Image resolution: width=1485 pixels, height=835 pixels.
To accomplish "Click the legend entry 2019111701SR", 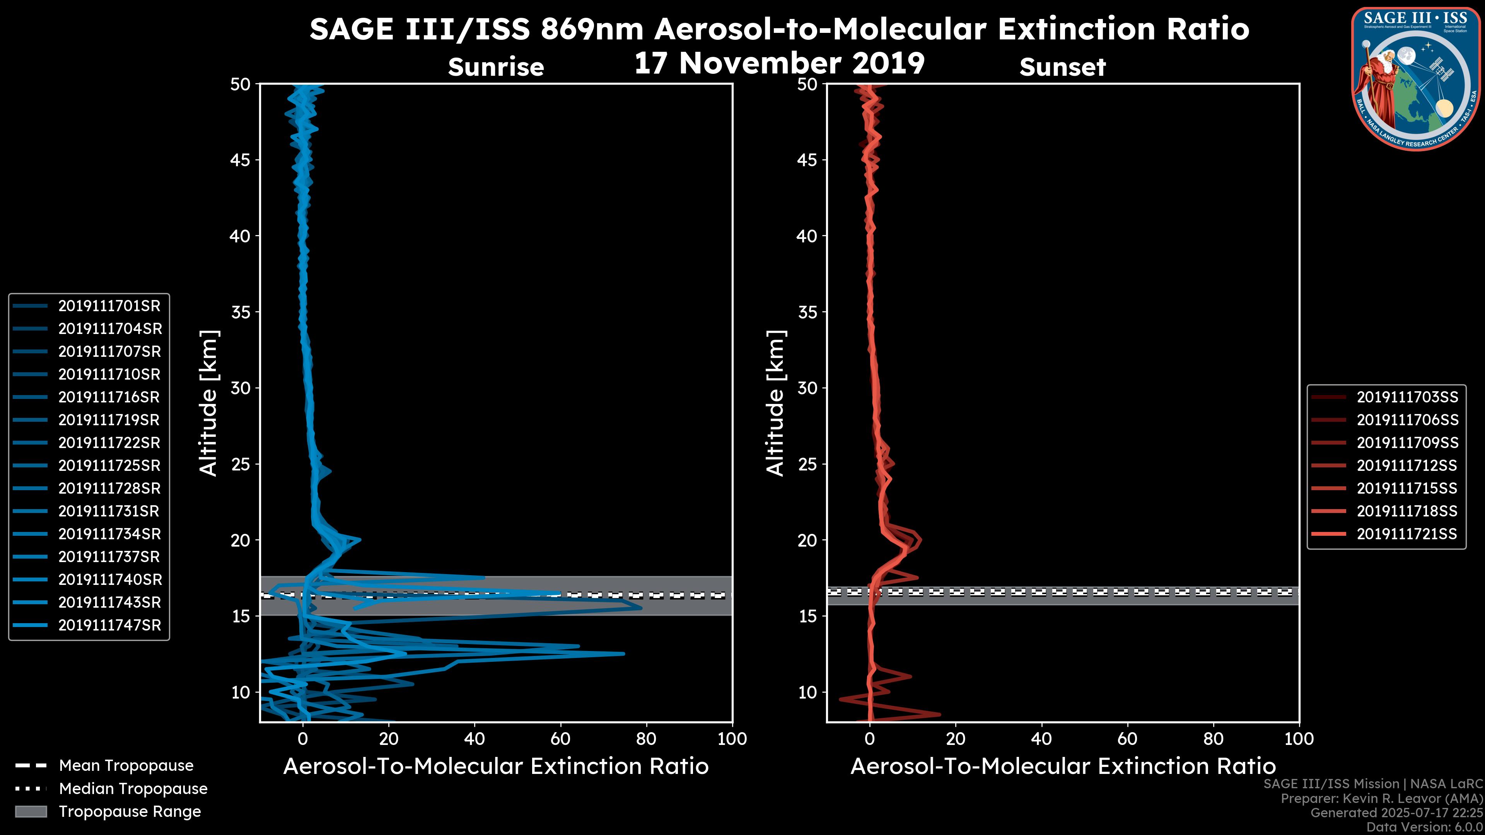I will coord(109,306).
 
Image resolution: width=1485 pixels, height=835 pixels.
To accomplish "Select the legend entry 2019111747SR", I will coord(109,625).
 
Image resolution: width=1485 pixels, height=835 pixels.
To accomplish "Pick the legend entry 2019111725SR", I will coord(109,465).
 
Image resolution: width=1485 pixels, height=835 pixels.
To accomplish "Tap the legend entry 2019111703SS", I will coord(1407,397).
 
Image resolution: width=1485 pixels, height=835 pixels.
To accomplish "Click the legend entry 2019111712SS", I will coord(1407,465).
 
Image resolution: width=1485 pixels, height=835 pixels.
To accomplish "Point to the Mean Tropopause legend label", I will coord(126,766).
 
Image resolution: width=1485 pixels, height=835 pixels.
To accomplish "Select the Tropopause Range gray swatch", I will coord(31,811).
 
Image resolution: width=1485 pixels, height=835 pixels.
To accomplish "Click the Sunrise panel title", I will coord(496,67).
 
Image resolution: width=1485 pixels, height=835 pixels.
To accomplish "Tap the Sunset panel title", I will coord(1062,67).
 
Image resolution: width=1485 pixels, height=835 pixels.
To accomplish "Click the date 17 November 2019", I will coord(779,63).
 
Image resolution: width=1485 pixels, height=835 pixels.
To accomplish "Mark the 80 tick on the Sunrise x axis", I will coord(646,739).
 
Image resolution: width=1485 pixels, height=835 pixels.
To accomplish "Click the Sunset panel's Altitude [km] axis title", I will coord(776,403).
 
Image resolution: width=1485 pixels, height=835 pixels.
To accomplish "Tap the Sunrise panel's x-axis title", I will coord(496,767).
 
